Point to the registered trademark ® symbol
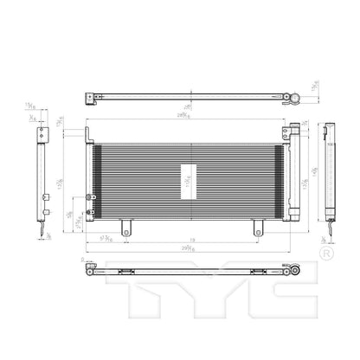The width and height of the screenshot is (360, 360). (325, 255)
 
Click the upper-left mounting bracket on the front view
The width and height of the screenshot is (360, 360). (89, 135)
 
